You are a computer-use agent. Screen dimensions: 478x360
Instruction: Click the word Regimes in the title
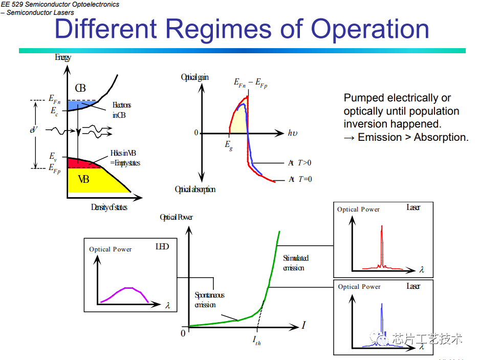[218, 30]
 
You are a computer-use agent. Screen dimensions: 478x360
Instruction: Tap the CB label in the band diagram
[80, 88]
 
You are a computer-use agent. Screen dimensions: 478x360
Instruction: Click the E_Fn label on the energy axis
[55, 99]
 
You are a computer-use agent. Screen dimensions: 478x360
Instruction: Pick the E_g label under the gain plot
[229, 145]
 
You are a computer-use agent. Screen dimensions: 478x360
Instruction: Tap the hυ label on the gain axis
[293, 133]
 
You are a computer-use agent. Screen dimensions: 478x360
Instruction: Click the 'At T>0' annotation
[300, 163]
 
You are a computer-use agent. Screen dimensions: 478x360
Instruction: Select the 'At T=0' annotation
[300, 179]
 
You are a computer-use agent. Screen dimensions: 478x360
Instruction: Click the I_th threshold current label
[256, 340]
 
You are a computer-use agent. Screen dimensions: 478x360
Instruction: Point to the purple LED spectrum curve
[125, 292]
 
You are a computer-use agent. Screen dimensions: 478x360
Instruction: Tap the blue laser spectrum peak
[382, 324]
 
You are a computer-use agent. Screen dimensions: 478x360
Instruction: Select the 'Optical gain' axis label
[195, 77]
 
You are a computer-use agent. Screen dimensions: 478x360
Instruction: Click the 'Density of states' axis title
[109, 207]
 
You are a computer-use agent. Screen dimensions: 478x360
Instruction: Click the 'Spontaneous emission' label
[209, 300]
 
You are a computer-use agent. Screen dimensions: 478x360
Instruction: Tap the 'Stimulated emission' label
[295, 263]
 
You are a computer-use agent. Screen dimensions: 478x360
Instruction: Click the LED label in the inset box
[162, 246]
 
